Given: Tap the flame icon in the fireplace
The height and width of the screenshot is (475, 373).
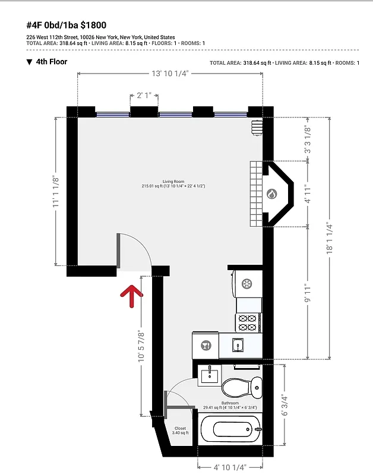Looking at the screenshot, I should click(x=271, y=194).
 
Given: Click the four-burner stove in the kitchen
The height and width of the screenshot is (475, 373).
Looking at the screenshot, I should click(x=248, y=322).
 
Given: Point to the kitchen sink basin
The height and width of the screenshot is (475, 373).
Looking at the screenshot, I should click(x=238, y=344).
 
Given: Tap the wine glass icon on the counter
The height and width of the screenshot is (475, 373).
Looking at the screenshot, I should click(x=205, y=345).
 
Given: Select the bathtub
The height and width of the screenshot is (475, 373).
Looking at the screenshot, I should click(x=229, y=430).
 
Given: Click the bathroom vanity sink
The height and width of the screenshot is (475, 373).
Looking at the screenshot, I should click(x=209, y=375).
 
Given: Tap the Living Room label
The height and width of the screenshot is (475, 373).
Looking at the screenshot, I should click(x=170, y=182).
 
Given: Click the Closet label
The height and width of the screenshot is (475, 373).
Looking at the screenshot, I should click(x=180, y=428).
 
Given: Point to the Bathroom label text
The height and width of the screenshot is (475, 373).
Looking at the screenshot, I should click(x=212, y=403).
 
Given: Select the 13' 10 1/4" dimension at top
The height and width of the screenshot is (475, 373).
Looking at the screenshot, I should click(x=170, y=73).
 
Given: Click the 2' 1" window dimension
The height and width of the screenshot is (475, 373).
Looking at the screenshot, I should click(x=143, y=94).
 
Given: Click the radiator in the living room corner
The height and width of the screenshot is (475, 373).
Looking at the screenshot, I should click(x=257, y=128).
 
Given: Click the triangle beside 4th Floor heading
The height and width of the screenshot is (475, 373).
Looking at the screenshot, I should click(x=29, y=62).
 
